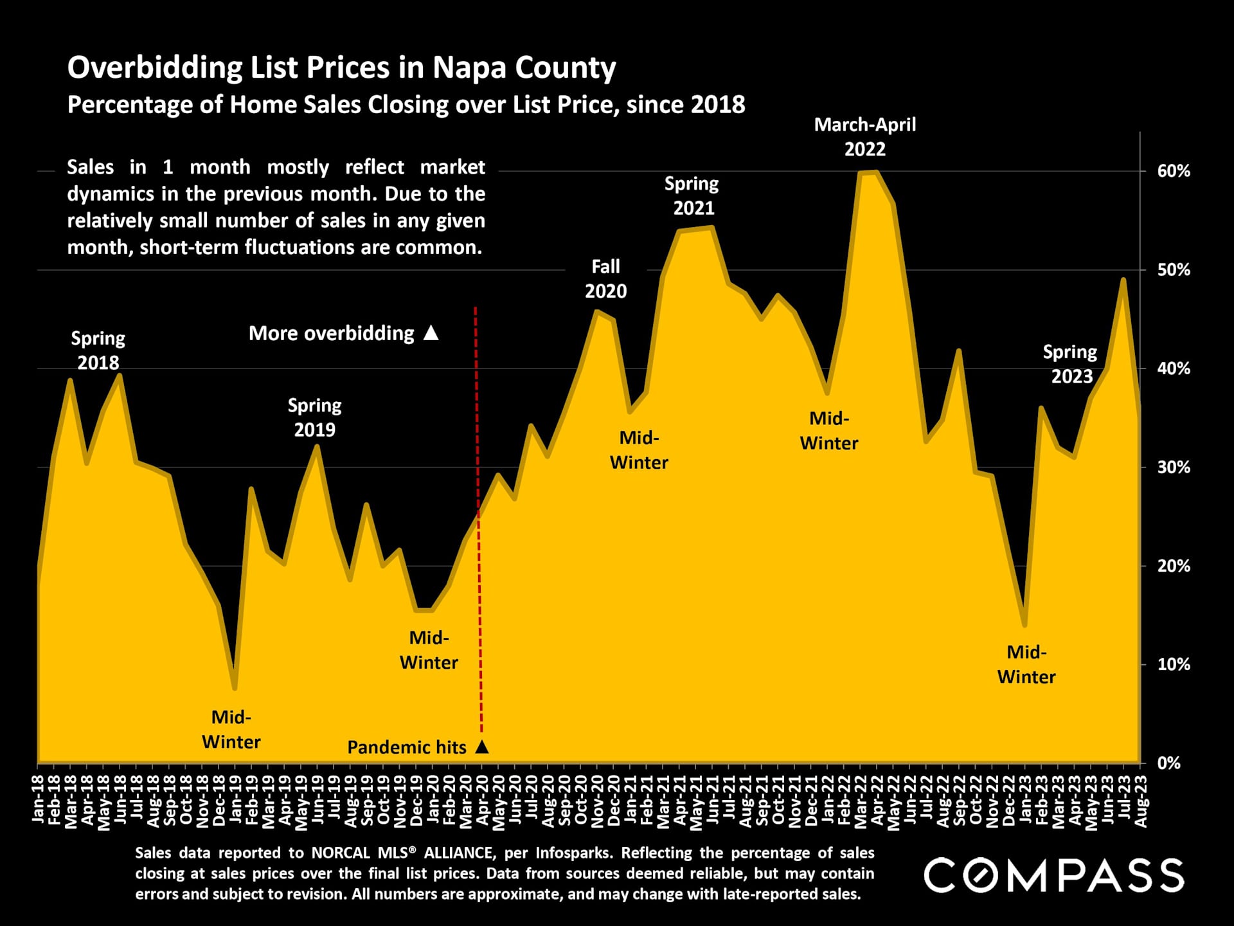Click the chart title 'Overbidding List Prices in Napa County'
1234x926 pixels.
341,68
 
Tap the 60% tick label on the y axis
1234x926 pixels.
1174,172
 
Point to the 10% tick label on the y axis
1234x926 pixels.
1174,665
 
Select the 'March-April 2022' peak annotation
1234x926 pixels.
864,137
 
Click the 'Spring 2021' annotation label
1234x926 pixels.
692,196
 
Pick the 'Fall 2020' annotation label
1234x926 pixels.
605,279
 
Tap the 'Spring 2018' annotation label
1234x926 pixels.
98,350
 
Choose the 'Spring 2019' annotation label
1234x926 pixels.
314,417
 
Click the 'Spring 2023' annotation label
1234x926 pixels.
1070,364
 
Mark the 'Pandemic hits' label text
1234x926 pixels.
407,747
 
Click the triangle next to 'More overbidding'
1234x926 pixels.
431,333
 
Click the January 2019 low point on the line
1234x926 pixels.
235,688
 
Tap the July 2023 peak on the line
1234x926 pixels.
1123,280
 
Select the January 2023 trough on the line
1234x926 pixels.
1024,624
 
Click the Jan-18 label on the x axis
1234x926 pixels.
38,799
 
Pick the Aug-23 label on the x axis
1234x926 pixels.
1141,799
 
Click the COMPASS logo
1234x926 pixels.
1053,875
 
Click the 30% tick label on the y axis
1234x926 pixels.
1174,468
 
